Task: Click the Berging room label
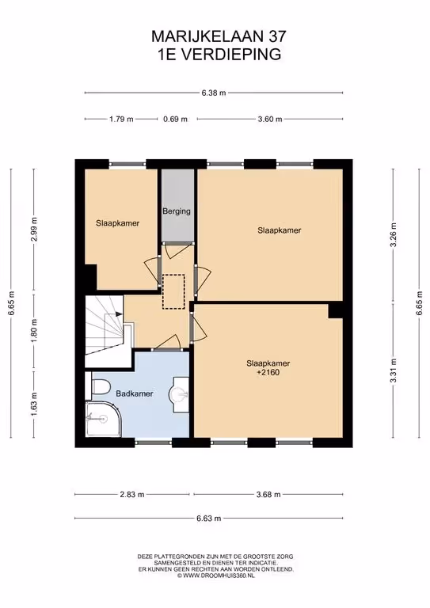coord(177,211)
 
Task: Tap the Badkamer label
coord(135,393)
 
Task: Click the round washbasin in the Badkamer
coord(178,394)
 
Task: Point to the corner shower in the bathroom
coord(103,419)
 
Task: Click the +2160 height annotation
coord(268,373)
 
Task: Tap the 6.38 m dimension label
coord(214,93)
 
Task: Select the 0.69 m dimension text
coord(175,119)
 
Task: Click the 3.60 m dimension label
coord(270,119)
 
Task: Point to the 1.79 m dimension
coord(121,119)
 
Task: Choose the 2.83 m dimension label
coord(132,494)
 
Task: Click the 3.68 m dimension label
coord(268,494)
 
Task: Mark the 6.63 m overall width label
coord(209,518)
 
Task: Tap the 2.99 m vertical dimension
coord(35,229)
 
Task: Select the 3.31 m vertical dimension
coord(393,370)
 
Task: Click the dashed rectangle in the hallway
coord(173,291)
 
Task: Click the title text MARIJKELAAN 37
coord(219,36)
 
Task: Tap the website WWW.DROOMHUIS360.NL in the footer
coord(216,576)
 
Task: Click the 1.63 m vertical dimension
coord(35,405)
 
